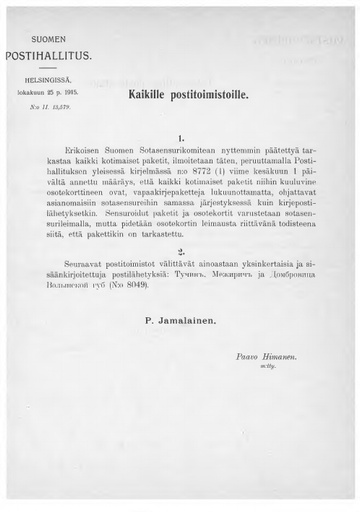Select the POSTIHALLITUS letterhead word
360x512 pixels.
click(49, 53)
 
